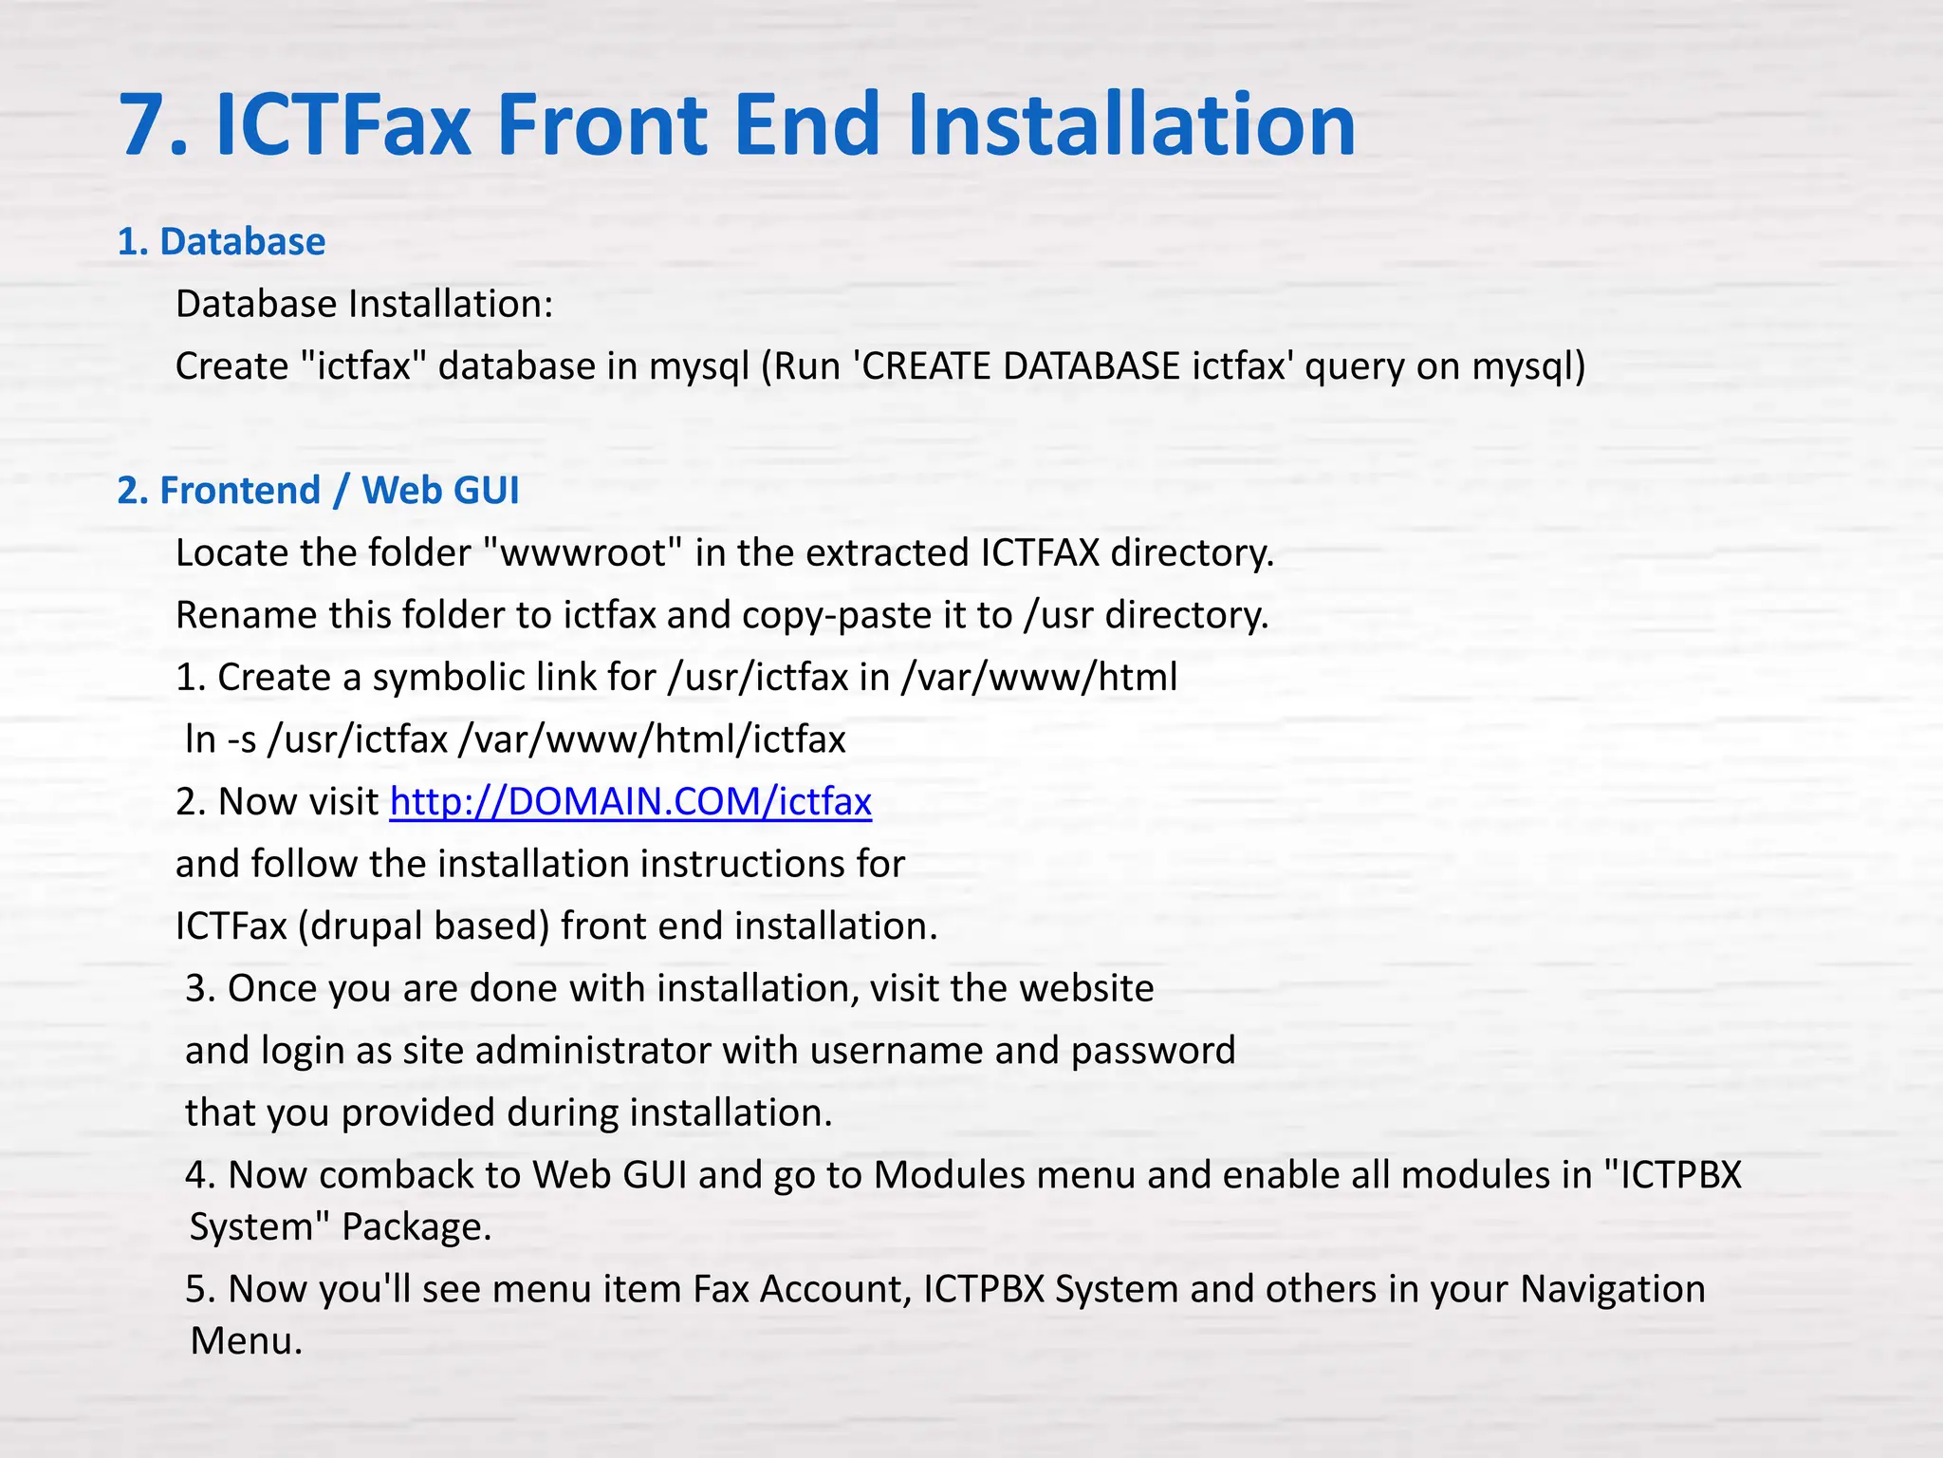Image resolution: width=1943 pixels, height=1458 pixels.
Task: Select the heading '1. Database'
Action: (x=221, y=242)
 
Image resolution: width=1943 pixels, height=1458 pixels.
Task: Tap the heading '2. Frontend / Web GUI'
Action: (x=318, y=491)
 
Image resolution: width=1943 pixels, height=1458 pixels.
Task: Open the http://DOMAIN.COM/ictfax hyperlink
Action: (x=630, y=802)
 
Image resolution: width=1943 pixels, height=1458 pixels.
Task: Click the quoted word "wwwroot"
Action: (x=582, y=553)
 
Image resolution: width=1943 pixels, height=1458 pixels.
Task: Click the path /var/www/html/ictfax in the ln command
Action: (x=652, y=739)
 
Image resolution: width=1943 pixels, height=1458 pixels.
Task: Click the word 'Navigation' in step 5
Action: (x=1612, y=1289)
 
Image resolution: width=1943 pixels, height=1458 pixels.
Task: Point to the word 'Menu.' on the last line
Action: (x=246, y=1341)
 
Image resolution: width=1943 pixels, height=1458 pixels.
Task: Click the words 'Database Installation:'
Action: (x=364, y=305)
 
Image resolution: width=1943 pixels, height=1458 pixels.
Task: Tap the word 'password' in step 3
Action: (x=1153, y=1051)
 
